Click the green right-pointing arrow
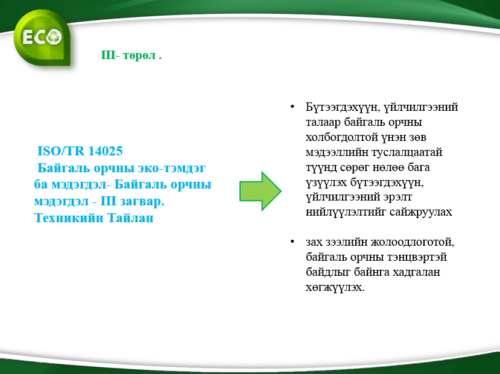(x=260, y=191)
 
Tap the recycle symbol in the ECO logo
(x=53, y=37)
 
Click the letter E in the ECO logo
(x=27, y=37)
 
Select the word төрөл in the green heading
(x=139, y=55)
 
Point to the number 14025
(x=105, y=151)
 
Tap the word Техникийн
(x=69, y=218)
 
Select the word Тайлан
(x=130, y=218)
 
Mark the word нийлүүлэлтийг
(x=346, y=211)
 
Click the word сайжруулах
(x=421, y=211)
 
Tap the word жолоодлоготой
(x=413, y=242)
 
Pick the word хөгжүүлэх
(x=335, y=287)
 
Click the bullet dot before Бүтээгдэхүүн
(x=292, y=107)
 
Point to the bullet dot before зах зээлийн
(x=292, y=242)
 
